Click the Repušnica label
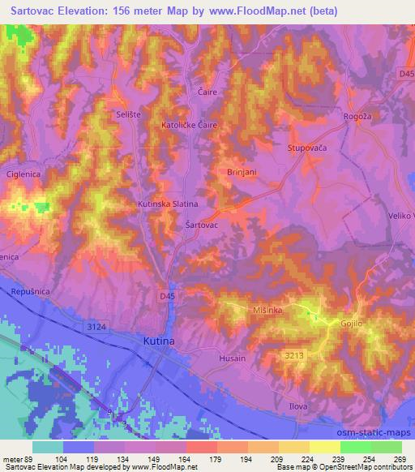(x=32, y=290)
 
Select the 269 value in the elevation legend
(x=400, y=458)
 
